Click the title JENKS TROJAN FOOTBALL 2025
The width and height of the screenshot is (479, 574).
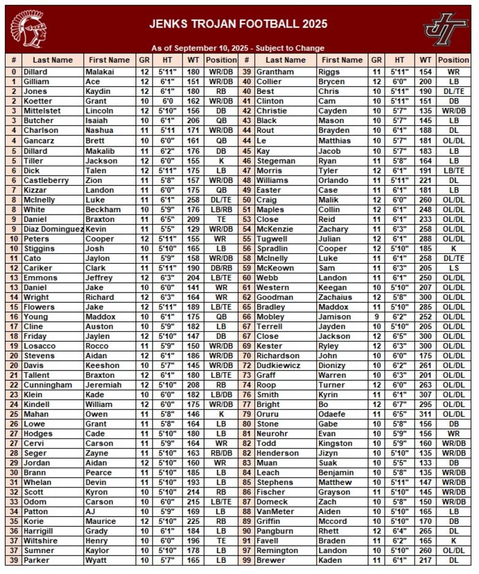click(x=238, y=25)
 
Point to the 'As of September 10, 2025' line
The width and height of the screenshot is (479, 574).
click(x=238, y=48)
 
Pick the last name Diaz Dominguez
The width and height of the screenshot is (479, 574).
click(x=53, y=229)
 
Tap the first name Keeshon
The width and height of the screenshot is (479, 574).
click(x=103, y=365)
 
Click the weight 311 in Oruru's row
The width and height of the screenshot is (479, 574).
click(x=424, y=415)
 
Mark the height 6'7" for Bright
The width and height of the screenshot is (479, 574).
click(x=399, y=405)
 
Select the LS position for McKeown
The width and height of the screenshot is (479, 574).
click(x=454, y=268)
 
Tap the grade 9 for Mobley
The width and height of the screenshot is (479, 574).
click(x=377, y=317)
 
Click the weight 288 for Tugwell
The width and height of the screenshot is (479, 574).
click(x=424, y=239)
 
